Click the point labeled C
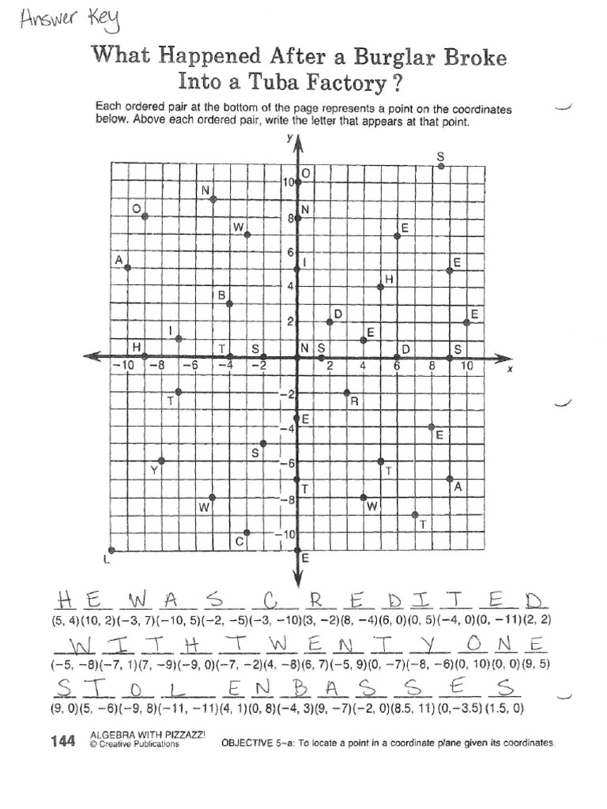tap(247, 532)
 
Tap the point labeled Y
tap(161, 461)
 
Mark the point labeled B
tap(229, 304)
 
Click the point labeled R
tap(347, 392)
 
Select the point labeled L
tap(111, 551)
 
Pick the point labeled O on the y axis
tap(297, 182)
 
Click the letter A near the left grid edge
tap(119, 260)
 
